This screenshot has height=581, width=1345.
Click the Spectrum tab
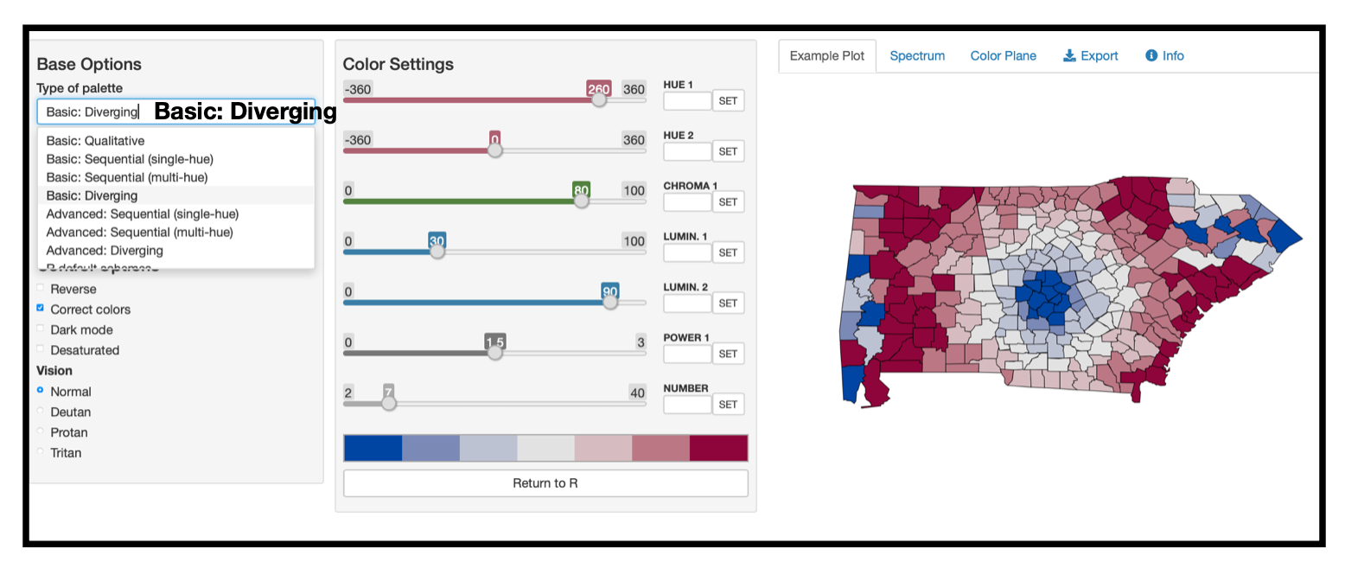click(917, 56)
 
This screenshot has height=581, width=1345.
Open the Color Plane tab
click(1003, 56)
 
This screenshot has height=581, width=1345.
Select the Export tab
click(1090, 56)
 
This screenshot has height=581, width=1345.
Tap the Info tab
click(1164, 56)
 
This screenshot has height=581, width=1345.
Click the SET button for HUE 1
click(728, 101)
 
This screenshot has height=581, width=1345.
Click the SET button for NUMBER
click(728, 405)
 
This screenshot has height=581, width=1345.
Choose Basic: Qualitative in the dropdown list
click(95, 141)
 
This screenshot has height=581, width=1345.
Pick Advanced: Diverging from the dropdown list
click(105, 251)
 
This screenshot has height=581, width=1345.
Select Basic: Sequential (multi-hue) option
click(127, 177)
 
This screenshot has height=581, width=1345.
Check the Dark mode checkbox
click(41, 329)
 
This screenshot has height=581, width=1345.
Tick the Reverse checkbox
click(41, 289)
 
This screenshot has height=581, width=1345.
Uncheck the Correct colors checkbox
click(41, 309)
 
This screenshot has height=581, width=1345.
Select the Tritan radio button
click(41, 452)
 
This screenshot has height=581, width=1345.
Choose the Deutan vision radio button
click(41, 412)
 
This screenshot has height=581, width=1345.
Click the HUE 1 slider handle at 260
click(598, 99)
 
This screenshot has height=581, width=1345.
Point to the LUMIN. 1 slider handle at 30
click(437, 251)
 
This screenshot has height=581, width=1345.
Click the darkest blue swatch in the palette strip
click(373, 449)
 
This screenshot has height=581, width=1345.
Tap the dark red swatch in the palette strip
click(718, 449)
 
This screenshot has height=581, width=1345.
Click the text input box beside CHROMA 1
click(687, 202)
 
